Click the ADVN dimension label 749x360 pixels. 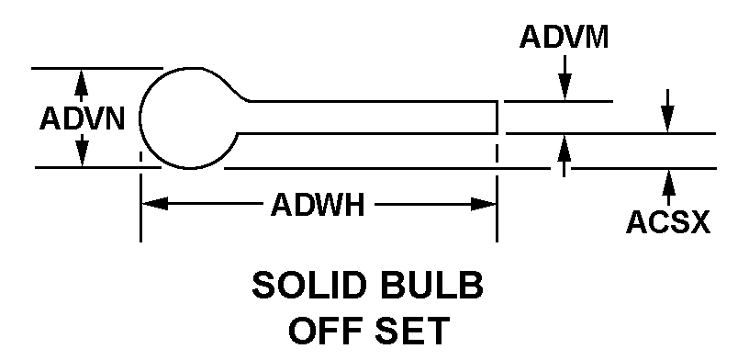83,118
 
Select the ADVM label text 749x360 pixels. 565,37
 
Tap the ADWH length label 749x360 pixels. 318,205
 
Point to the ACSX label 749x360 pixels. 668,222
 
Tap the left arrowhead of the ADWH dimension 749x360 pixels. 155,204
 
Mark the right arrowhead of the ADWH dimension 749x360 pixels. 483,204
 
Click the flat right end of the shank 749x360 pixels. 497,118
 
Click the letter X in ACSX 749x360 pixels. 699,222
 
